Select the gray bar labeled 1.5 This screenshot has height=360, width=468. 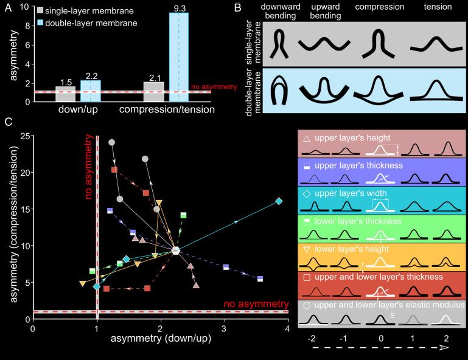click(x=66, y=94)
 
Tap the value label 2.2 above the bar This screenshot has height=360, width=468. click(x=90, y=75)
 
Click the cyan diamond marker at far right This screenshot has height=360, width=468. click(x=279, y=201)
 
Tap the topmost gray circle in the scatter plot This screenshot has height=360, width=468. click(x=112, y=142)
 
